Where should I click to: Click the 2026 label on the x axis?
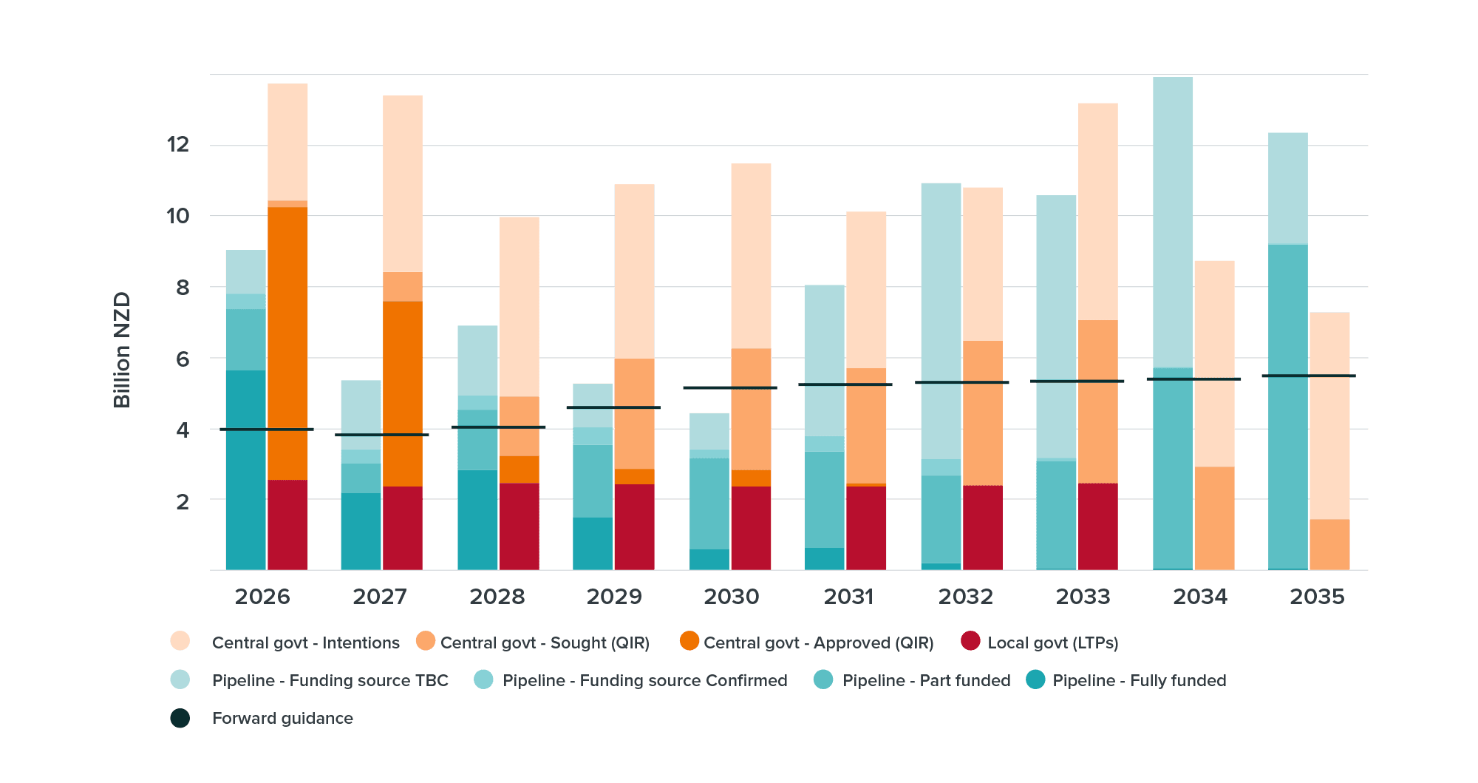click(x=262, y=597)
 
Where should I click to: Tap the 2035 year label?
click(x=1317, y=597)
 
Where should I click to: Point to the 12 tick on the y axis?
click(x=178, y=144)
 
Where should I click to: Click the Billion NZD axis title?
click(x=122, y=350)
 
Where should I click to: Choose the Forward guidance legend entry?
click(x=282, y=718)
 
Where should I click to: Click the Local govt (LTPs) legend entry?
click(x=1052, y=643)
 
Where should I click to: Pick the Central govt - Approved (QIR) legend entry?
click(x=818, y=643)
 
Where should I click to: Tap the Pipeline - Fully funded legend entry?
click(x=1139, y=680)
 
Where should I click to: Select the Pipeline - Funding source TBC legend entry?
click(x=330, y=680)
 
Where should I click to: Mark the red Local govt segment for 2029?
click(x=634, y=526)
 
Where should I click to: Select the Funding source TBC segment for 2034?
click(x=1173, y=222)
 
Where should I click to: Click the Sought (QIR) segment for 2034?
click(x=1214, y=518)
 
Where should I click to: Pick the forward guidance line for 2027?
click(x=381, y=435)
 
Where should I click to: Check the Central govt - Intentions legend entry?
click(x=305, y=643)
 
